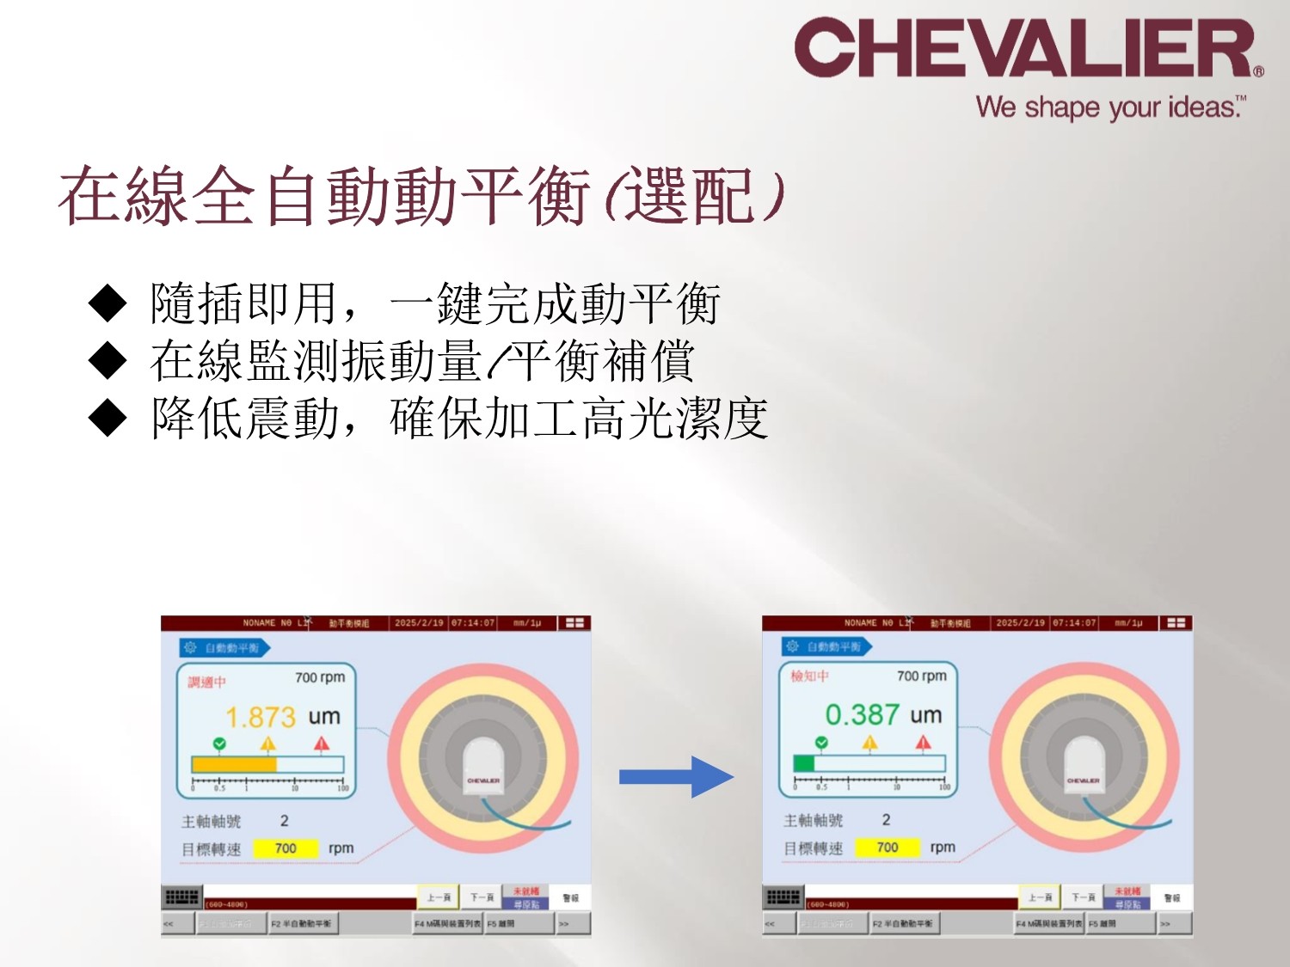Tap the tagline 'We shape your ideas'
pos(1109,107)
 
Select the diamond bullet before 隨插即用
pos(107,303)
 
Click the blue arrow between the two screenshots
pos(676,777)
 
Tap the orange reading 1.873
pos(261,717)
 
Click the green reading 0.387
pos(862,714)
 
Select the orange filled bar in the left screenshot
pos(234,764)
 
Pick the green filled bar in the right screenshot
pos(804,762)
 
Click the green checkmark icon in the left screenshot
pos(219,743)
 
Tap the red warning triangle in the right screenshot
pos(923,742)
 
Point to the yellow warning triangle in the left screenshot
pos(268,743)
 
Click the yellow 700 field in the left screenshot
pos(286,848)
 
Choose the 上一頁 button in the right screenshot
pos(1039,897)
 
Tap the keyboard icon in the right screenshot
pos(783,897)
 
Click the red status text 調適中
pos(207,682)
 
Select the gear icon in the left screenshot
pos(191,647)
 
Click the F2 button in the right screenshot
pos(903,924)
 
